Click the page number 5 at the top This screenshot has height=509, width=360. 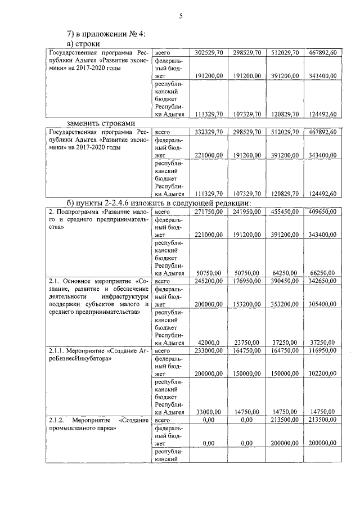(x=181, y=16)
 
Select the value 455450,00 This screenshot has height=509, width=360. (x=284, y=211)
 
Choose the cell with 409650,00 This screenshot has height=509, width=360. (x=322, y=211)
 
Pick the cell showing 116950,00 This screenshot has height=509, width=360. (x=322, y=350)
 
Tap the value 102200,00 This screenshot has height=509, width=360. (x=322, y=373)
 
